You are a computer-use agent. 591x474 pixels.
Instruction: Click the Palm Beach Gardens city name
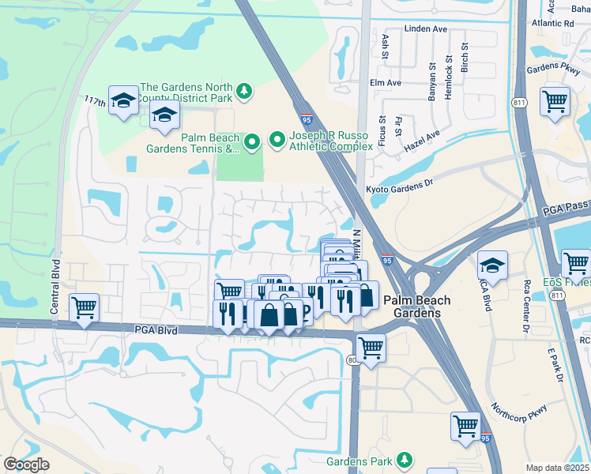click(x=417, y=307)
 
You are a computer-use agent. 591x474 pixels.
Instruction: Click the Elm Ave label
click(x=386, y=82)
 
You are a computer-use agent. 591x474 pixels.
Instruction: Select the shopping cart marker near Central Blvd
click(x=84, y=307)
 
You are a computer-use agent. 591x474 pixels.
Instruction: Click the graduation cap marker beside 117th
click(x=123, y=100)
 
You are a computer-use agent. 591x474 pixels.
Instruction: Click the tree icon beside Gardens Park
click(x=405, y=459)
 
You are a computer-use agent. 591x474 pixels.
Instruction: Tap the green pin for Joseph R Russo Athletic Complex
click(x=277, y=140)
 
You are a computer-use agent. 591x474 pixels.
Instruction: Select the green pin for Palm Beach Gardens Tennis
click(x=252, y=142)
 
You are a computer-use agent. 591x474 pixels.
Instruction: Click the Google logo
click(x=26, y=465)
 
